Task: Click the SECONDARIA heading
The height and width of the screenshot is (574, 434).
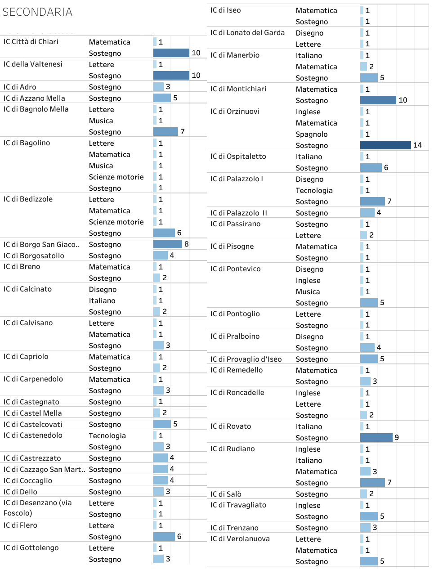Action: coord(37,12)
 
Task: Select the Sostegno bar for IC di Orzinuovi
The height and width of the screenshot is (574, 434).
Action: coord(385,145)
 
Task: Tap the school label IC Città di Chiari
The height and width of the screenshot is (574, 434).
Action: coord(31,42)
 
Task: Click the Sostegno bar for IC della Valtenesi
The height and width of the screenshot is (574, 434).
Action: coord(171,75)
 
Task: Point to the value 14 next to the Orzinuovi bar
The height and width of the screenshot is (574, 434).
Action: coord(417,145)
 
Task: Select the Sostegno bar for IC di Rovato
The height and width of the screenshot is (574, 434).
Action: coord(376,437)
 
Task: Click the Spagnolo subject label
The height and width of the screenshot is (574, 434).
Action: coord(312,134)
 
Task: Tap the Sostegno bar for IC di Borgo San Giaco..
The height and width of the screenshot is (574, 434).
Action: coord(167,244)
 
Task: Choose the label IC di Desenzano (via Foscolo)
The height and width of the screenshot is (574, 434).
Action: coord(37,508)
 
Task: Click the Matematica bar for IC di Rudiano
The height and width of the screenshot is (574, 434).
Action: coord(365,471)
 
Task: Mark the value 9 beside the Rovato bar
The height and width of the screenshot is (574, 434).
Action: coord(397,437)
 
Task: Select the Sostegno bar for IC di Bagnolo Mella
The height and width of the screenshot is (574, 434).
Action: coord(166,131)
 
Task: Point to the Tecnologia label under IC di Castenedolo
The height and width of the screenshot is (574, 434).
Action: coord(107,435)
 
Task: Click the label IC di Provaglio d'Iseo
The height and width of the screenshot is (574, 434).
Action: coord(246,359)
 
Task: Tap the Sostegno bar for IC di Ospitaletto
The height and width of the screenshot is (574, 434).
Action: coord(371,167)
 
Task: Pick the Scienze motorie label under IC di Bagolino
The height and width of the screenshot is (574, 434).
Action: coord(116,177)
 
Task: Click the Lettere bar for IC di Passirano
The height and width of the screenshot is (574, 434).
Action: coord(363,235)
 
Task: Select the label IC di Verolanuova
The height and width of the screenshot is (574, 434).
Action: coord(240,539)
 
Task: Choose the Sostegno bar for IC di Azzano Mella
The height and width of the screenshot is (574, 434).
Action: coord(162,98)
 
